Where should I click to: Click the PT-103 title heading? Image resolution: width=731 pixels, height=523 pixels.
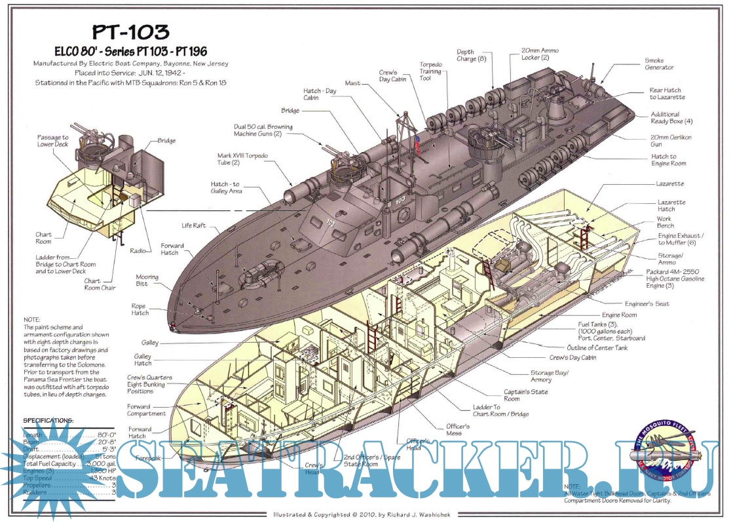tap(131, 32)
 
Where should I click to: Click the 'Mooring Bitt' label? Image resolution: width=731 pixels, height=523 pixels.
tap(147, 281)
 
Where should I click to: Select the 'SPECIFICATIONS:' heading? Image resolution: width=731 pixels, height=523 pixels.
tap(48, 420)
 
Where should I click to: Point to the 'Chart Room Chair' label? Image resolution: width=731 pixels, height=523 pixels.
tap(100, 284)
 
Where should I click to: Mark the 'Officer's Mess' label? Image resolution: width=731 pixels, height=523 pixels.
tap(458, 430)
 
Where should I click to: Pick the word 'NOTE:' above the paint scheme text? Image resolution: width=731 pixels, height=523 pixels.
tap(31, 320)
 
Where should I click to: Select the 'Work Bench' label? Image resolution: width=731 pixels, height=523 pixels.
tap(665, 223)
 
